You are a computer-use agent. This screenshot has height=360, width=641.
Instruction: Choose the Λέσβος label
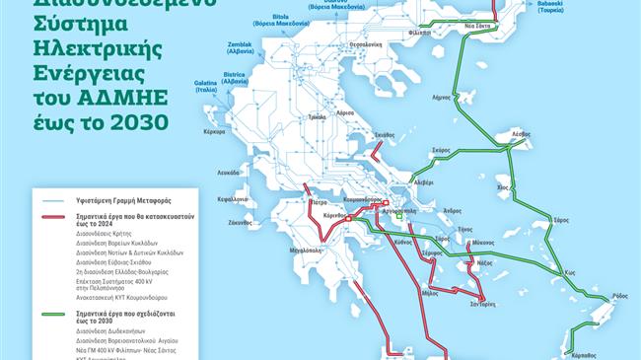tap(508, 133)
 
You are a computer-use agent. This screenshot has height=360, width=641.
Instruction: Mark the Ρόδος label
tap(619, 296)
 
